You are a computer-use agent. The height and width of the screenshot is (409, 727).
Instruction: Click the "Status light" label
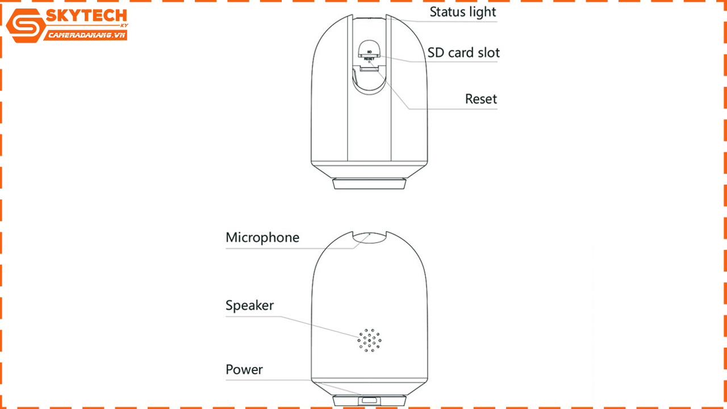coord(463,12)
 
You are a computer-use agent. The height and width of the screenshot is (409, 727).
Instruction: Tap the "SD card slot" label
coord(463,53)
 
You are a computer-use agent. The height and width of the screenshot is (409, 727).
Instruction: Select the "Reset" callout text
coord(481,99)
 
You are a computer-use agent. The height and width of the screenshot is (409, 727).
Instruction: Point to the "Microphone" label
coord(262,238)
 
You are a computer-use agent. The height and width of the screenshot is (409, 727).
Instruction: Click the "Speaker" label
coord(249,306)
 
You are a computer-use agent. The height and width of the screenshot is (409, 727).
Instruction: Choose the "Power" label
coord(244,369)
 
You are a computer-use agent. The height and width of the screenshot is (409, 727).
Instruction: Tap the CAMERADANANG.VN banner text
coord(86,35)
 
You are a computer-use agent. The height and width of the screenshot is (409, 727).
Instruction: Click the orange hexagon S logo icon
coord(26,26)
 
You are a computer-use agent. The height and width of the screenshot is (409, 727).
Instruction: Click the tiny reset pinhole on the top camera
coord(369,62)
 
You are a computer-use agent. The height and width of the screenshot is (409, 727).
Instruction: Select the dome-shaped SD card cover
coord(369,48)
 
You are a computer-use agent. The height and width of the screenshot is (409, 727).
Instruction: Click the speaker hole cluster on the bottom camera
coord(369,340)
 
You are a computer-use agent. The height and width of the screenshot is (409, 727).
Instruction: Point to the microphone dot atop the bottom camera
coord(369,233)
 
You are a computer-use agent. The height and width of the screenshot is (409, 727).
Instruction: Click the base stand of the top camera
coord(369,183)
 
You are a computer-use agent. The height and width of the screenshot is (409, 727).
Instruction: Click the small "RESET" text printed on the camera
coord(369,59)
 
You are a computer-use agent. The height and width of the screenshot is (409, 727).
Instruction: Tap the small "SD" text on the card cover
coord(369,52)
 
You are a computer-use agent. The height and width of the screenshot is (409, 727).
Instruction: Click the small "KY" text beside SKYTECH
coord(124,26)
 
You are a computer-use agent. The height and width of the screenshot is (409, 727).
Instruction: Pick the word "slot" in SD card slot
coord(487,53)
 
